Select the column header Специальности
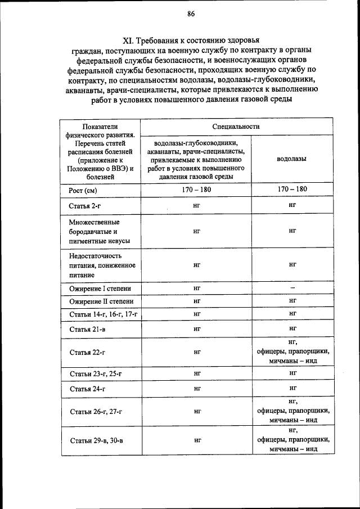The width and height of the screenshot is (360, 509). click(x=236, y=127)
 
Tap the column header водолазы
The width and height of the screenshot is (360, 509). click(x=292, y=159)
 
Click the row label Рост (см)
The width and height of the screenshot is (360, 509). click(x=83, y=191)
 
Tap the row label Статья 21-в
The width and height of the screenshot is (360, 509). click(x=87, y=328)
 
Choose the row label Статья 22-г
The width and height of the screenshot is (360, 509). click(x=87, y=353)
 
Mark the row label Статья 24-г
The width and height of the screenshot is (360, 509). click(x=87, y=389)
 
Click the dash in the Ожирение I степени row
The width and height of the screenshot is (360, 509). click(x=292, y=288)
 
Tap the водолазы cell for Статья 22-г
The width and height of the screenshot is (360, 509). click(x=292, y=352)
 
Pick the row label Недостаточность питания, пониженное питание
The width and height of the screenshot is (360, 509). click(x=99, y=265)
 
